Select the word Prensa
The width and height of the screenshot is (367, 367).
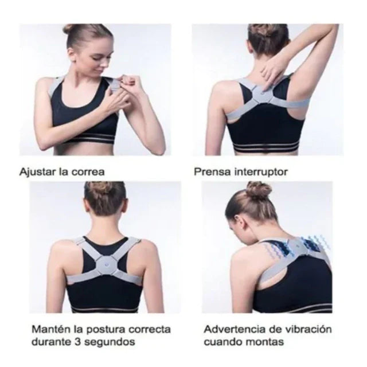pos(210,171)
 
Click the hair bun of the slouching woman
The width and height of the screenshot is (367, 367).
pos(258,190)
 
